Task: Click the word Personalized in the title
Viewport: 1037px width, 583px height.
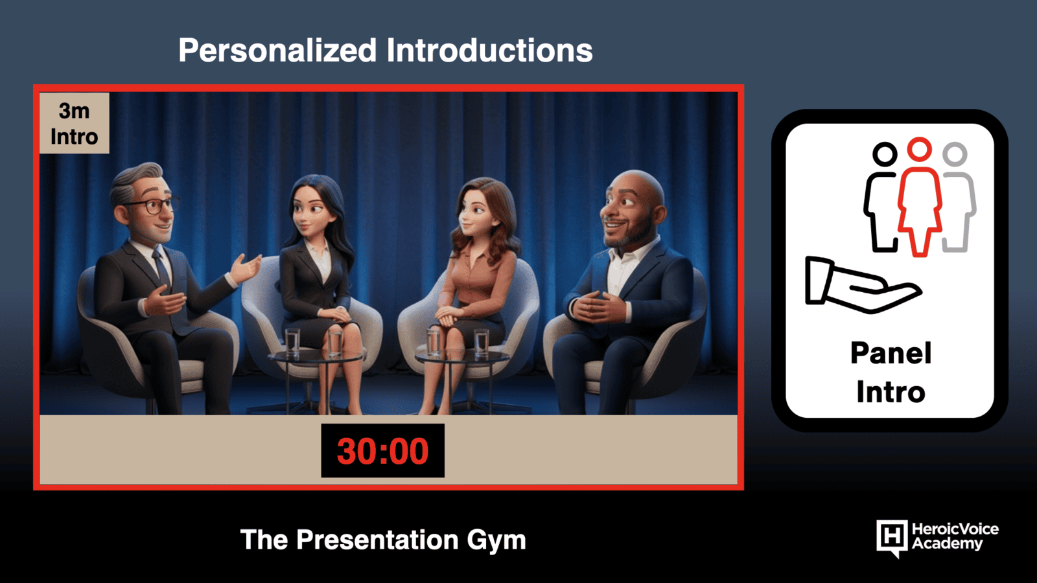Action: coord(278,51)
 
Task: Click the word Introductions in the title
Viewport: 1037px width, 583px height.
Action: coord(490,50)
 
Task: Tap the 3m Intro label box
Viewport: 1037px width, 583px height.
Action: coord(74,123)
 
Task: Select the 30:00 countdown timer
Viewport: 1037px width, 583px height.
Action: coord(383,451)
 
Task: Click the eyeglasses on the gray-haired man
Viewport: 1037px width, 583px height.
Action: coord(153,205)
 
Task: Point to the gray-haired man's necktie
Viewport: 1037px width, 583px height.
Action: coord(162,268)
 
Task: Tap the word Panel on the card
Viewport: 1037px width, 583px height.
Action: coord(891,354)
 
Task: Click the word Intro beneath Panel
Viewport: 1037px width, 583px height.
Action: coord(891,392)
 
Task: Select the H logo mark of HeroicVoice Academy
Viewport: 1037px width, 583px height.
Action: coord(892,538)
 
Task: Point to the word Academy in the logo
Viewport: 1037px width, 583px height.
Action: coord(947,543)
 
